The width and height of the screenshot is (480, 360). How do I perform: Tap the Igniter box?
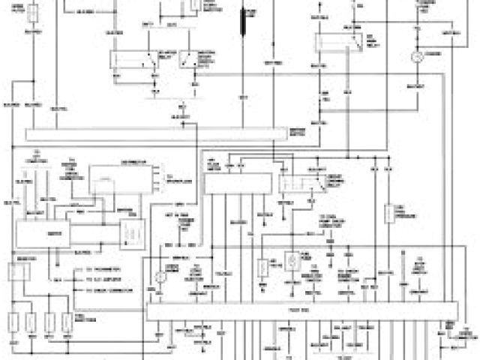click(44, 235)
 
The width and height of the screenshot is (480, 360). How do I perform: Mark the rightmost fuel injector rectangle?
click(67, 323)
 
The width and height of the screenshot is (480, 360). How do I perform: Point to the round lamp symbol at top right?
click(420, 55)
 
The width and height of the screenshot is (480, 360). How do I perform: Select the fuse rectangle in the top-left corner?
click(34, 13)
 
